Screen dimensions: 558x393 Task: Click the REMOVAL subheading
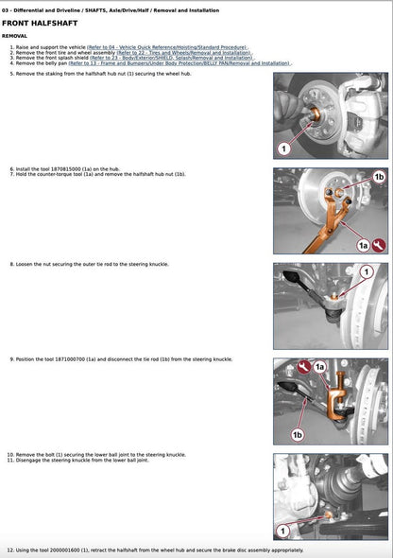click(x=21, y=35)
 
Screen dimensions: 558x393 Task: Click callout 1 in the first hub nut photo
click(x=282, y=148)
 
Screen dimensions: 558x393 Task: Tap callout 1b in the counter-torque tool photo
click(x=378, y=177)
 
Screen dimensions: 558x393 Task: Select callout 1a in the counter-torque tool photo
click(x=362, y=245)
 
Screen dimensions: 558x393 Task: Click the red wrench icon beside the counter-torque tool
click(x=379, y=245)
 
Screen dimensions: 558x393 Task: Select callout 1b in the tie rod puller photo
click(x=298, y=434)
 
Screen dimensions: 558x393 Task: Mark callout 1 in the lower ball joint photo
click(x=282, y=530)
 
